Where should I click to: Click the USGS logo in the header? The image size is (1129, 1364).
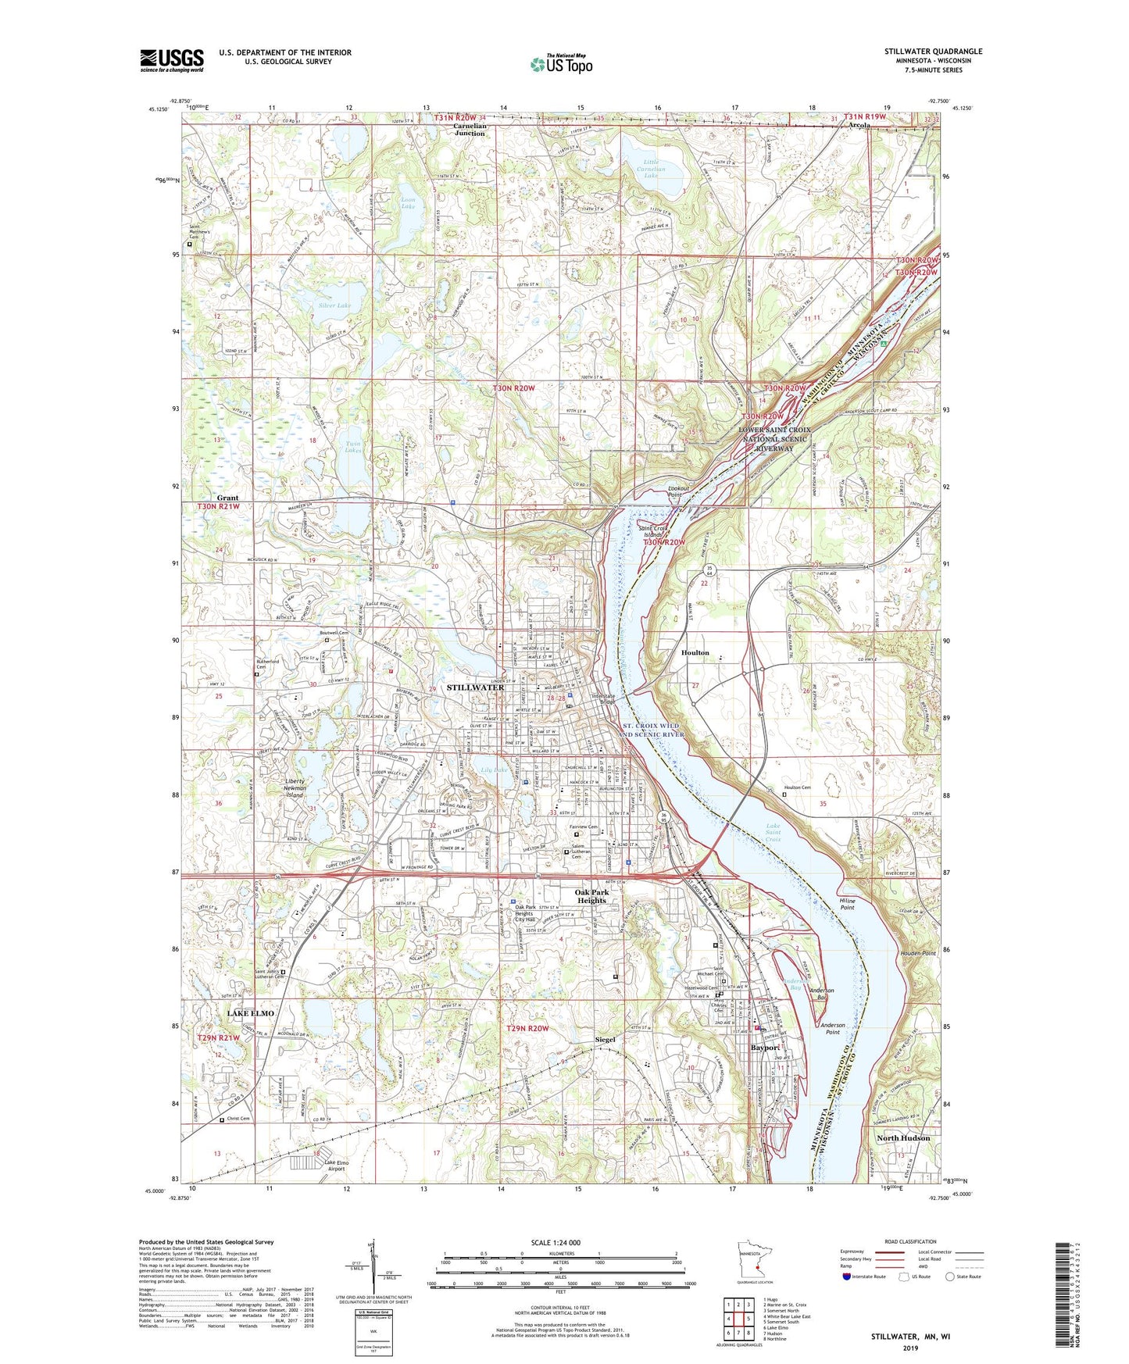pyautogui.click(x=171, y=60)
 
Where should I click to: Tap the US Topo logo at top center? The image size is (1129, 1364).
pyautogui.click(x=561, y=65)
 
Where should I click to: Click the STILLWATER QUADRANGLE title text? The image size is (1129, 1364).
pyautogui.click(x=933, y=52)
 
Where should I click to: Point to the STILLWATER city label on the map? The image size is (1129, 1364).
pyautogui.click(x=475, y=687)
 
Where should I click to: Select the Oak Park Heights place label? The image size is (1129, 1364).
pyautogui.click(x=591, y=896)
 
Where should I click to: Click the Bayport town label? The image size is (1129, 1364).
pyautogui.click(x=765, y=1048)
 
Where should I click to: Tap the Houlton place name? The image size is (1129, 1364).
pyautogui.click(x=695, y=652)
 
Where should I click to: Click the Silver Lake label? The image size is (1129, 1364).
pyautogui.click(x=334, y=305)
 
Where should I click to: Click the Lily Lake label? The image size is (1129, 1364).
pyautogui.click(x=493, y=770)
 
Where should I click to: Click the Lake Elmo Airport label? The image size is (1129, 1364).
pyautogui.click(x=337, y=1166)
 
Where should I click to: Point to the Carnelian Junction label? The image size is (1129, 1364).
pyautogui.click(x=470, y=129)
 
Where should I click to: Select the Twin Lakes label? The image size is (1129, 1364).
pyautogui.click(x=353, y=447)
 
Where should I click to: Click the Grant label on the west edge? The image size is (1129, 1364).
pyautogui.click(x=227, y=498)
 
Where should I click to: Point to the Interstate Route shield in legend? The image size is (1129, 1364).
pyautogui.click(x=848, y=1277)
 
